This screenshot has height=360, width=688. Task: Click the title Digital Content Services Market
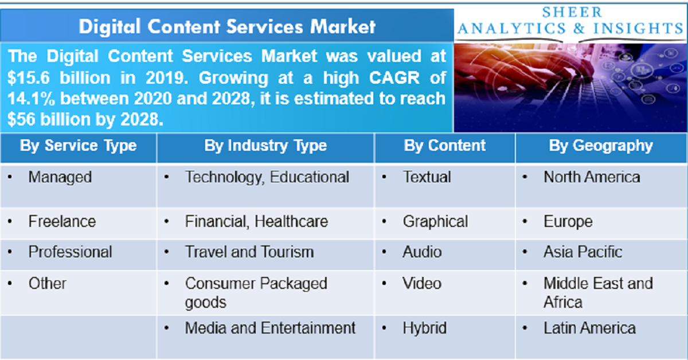click(x=227, y=26)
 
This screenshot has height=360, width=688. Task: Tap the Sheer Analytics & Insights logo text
click(x=570, y=21)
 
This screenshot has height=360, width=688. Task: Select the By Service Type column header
click(x=78, y=146)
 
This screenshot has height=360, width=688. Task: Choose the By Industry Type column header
click(x=265, y=146)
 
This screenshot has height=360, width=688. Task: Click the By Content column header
click(x=444, y=146)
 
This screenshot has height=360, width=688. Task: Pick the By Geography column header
click(x=601, y=146)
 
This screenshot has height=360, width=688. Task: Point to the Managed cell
click(x=60, y=177)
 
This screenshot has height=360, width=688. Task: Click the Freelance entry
click(x=62, y=221)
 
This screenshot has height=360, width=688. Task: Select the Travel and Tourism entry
click(x=249, y=252)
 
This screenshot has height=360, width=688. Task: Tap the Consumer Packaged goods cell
click(x=256, y=292)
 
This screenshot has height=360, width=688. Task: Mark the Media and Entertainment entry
click(x=270, y=328)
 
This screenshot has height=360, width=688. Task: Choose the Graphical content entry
click(x=435, y=221)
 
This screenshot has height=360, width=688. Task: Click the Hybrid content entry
click(x=424, y=328)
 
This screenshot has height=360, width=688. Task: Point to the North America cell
click(x=592, y=177)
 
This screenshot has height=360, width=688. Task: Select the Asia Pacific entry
click(x=583, y=252)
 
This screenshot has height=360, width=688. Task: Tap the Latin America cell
click(x=589, y=328)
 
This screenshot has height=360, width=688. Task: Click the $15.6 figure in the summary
click(x=29, y=77)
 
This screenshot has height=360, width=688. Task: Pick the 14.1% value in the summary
click(x=32, y=99)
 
